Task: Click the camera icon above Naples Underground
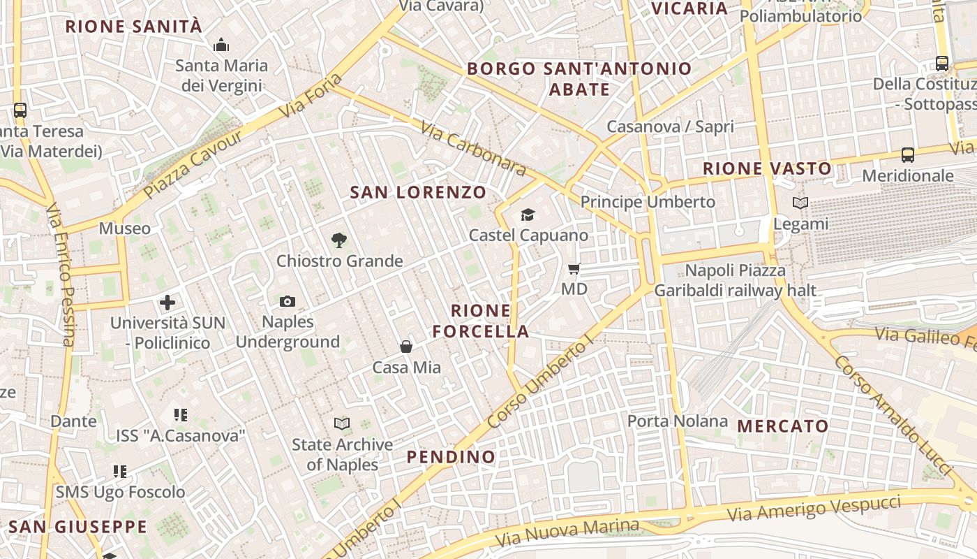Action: tap(288, 302)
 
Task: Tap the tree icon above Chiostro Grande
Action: tap(339, 241)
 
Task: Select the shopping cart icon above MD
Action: tap(574, 269)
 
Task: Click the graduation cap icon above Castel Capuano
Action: tap(528, 215)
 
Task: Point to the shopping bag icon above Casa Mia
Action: tap(406, 347)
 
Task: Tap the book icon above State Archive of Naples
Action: tap(342, 424)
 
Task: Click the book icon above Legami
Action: tap(800, 203)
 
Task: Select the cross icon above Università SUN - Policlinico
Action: tap(167, 303)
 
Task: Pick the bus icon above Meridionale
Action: tap(908, 155)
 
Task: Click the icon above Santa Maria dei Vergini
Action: tap(222, 45)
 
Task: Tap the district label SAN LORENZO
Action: tap(418, 192)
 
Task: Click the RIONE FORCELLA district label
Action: tap(481, 321)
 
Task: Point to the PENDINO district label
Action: tap(451, 457)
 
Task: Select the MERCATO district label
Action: tap(783, 426)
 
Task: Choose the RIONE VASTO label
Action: tap(767, 168)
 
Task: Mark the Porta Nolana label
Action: tap(677, 421)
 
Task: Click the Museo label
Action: tap(124, 228)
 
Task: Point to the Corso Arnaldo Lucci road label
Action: tap(893, 416)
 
